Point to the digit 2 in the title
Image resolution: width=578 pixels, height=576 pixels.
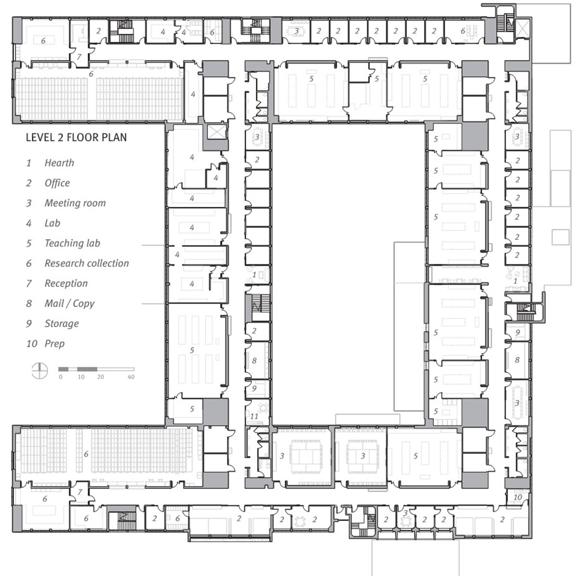[x=59, y=137]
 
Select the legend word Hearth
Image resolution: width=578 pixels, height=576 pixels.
[x=59, y=163]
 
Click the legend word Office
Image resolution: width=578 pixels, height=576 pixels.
[x=57, y=183]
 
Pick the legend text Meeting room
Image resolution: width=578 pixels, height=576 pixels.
[x=75, y=203]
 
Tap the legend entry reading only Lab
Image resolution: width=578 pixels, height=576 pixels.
[x=52, y=223]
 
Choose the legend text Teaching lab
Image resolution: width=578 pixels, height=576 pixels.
[x=72, y=243]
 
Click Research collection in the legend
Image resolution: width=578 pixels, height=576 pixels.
[x=87, y=263]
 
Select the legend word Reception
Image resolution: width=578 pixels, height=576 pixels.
[x=66, y=283]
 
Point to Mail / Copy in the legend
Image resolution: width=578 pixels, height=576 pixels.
[x=69, y=303]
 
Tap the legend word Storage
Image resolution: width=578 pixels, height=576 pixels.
[x=62, y=324]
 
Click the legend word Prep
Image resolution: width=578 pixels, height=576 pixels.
[x=54, y=343]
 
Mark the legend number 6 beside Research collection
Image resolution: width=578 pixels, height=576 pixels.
[x=29, y=263]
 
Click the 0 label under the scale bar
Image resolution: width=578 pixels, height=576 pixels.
[x=61, y=377]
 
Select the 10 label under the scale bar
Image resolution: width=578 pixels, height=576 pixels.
[x=81, y=377]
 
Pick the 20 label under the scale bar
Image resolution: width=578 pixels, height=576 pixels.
[x=101, y=377]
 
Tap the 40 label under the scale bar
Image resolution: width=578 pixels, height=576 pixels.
[x=131, y=377]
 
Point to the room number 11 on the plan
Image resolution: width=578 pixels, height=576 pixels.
[x=254, y=417]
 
